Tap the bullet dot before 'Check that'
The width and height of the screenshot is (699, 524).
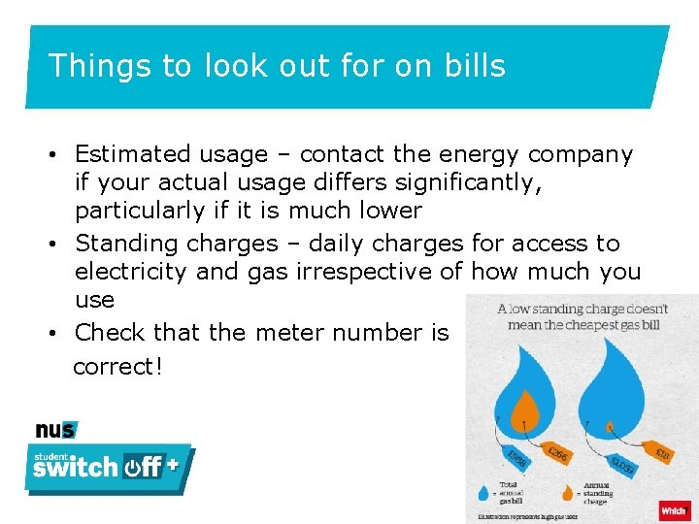pyautogui.click(x=60, y=333)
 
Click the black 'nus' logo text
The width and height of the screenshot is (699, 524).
pyautogui.click(x=54, y=431)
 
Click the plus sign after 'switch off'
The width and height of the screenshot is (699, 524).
pyautogui.click(x=172, y=464)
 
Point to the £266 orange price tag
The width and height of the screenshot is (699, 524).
pyautogui.click(x=555, y=453)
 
